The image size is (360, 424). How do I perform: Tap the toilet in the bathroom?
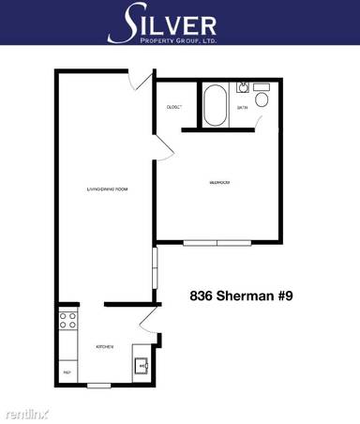262,98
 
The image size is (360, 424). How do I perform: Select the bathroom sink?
242,87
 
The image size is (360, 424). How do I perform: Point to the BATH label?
242,108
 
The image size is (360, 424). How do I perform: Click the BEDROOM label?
220,182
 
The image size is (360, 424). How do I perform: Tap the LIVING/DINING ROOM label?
106,190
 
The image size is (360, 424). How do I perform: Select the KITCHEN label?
105,347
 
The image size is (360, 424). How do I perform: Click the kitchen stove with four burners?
67,324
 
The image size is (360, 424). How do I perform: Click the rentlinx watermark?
25,413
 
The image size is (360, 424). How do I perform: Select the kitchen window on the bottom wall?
99,386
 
